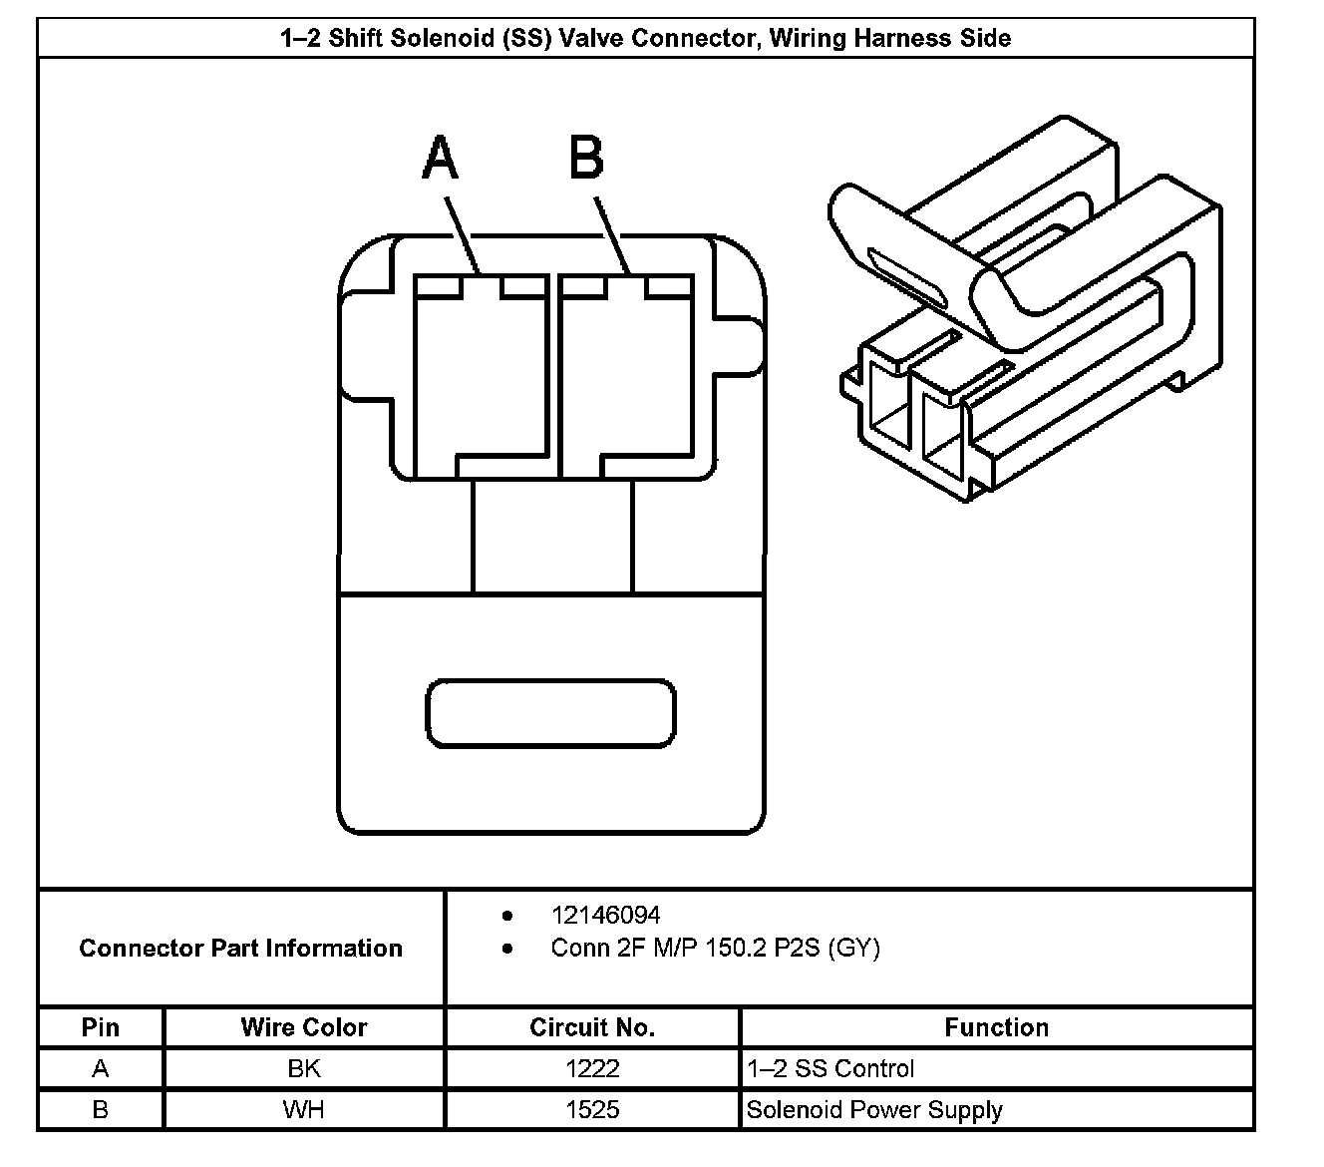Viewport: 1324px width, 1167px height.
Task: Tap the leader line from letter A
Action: pyautogui.click(x=463, y=235)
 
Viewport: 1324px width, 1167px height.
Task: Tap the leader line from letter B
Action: pyautogui.click(x=612, y=235)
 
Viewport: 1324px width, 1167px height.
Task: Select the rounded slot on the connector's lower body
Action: pyautogui.click(x=550, y=713)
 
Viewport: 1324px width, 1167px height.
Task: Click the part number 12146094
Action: pyautogui.click(x=605, y=916)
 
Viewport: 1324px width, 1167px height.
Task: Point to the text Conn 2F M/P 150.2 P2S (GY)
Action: pyautogui.click(x=716, y=948)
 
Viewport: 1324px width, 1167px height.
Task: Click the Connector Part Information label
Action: pyautogui.click(x=240, y=948)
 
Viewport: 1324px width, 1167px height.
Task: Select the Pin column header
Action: pyautogui.click(x=100, y=1027)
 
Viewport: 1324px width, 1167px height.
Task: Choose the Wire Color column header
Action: pyautogui.click(x=304, y=1027)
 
